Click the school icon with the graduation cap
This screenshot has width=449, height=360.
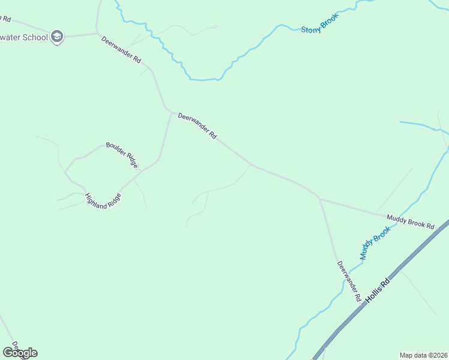point(57,37)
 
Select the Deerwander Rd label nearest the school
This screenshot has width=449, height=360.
point(121,50)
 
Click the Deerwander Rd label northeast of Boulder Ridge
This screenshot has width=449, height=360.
point(197,127)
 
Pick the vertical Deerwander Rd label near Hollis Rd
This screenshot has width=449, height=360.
point(349,281)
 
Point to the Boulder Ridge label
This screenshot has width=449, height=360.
point(122,155)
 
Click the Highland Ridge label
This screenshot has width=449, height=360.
point(104,201)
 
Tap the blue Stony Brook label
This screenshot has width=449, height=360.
point(319,23)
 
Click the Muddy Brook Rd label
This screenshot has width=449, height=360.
point(410,221)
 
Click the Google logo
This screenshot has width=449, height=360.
point(20,353)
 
